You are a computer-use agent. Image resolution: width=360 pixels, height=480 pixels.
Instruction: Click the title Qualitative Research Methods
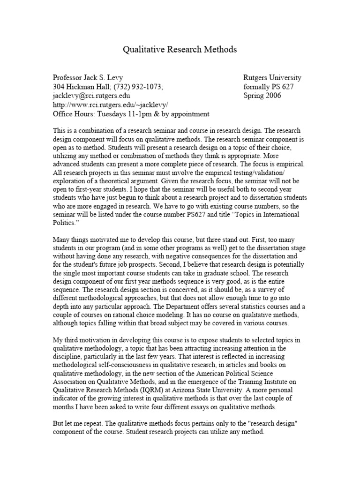(x=180, y=49)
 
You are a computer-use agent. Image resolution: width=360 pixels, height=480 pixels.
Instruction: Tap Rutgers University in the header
(x=272, y=78)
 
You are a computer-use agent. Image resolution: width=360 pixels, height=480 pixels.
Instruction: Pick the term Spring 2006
(x=263, y=96)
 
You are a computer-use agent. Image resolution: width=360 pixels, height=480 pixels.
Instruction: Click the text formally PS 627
(x=269, y=87)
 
